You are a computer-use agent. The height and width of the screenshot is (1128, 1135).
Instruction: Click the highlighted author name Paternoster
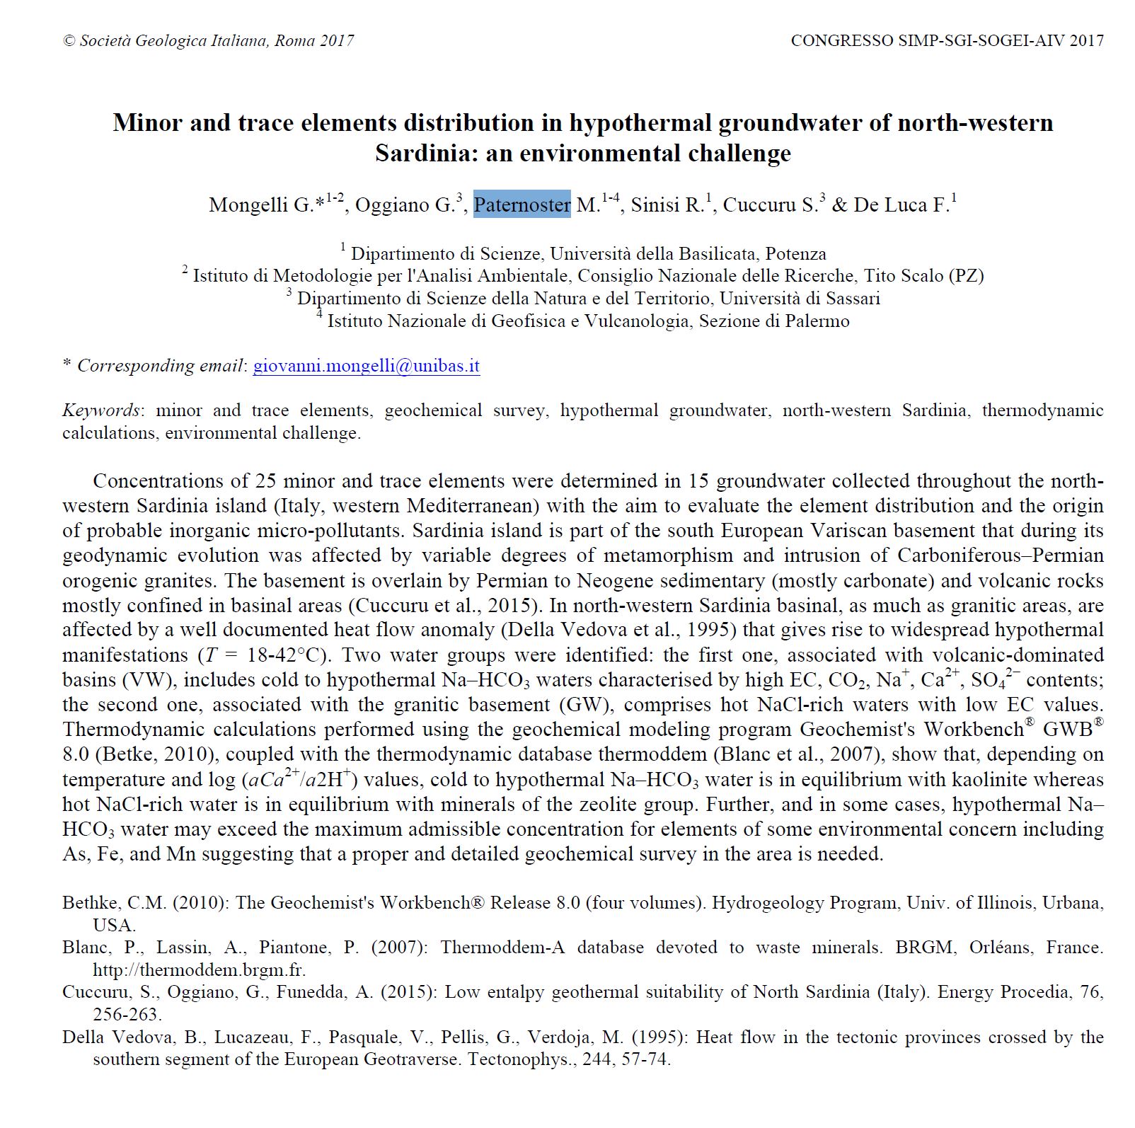tap(522, 205)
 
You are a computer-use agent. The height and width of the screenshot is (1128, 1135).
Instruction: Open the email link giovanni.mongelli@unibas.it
tap(366, 366)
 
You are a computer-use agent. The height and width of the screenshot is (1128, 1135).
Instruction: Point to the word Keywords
tap(100, 410)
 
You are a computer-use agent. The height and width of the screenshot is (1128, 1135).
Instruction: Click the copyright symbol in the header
tap(69, 41)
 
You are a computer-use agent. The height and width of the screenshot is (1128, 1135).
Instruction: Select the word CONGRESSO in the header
tap(841, 41)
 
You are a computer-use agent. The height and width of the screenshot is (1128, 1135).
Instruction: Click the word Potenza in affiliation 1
tap(795, 253)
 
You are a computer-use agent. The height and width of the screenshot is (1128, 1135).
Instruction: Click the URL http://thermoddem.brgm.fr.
tap(199, 969)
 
